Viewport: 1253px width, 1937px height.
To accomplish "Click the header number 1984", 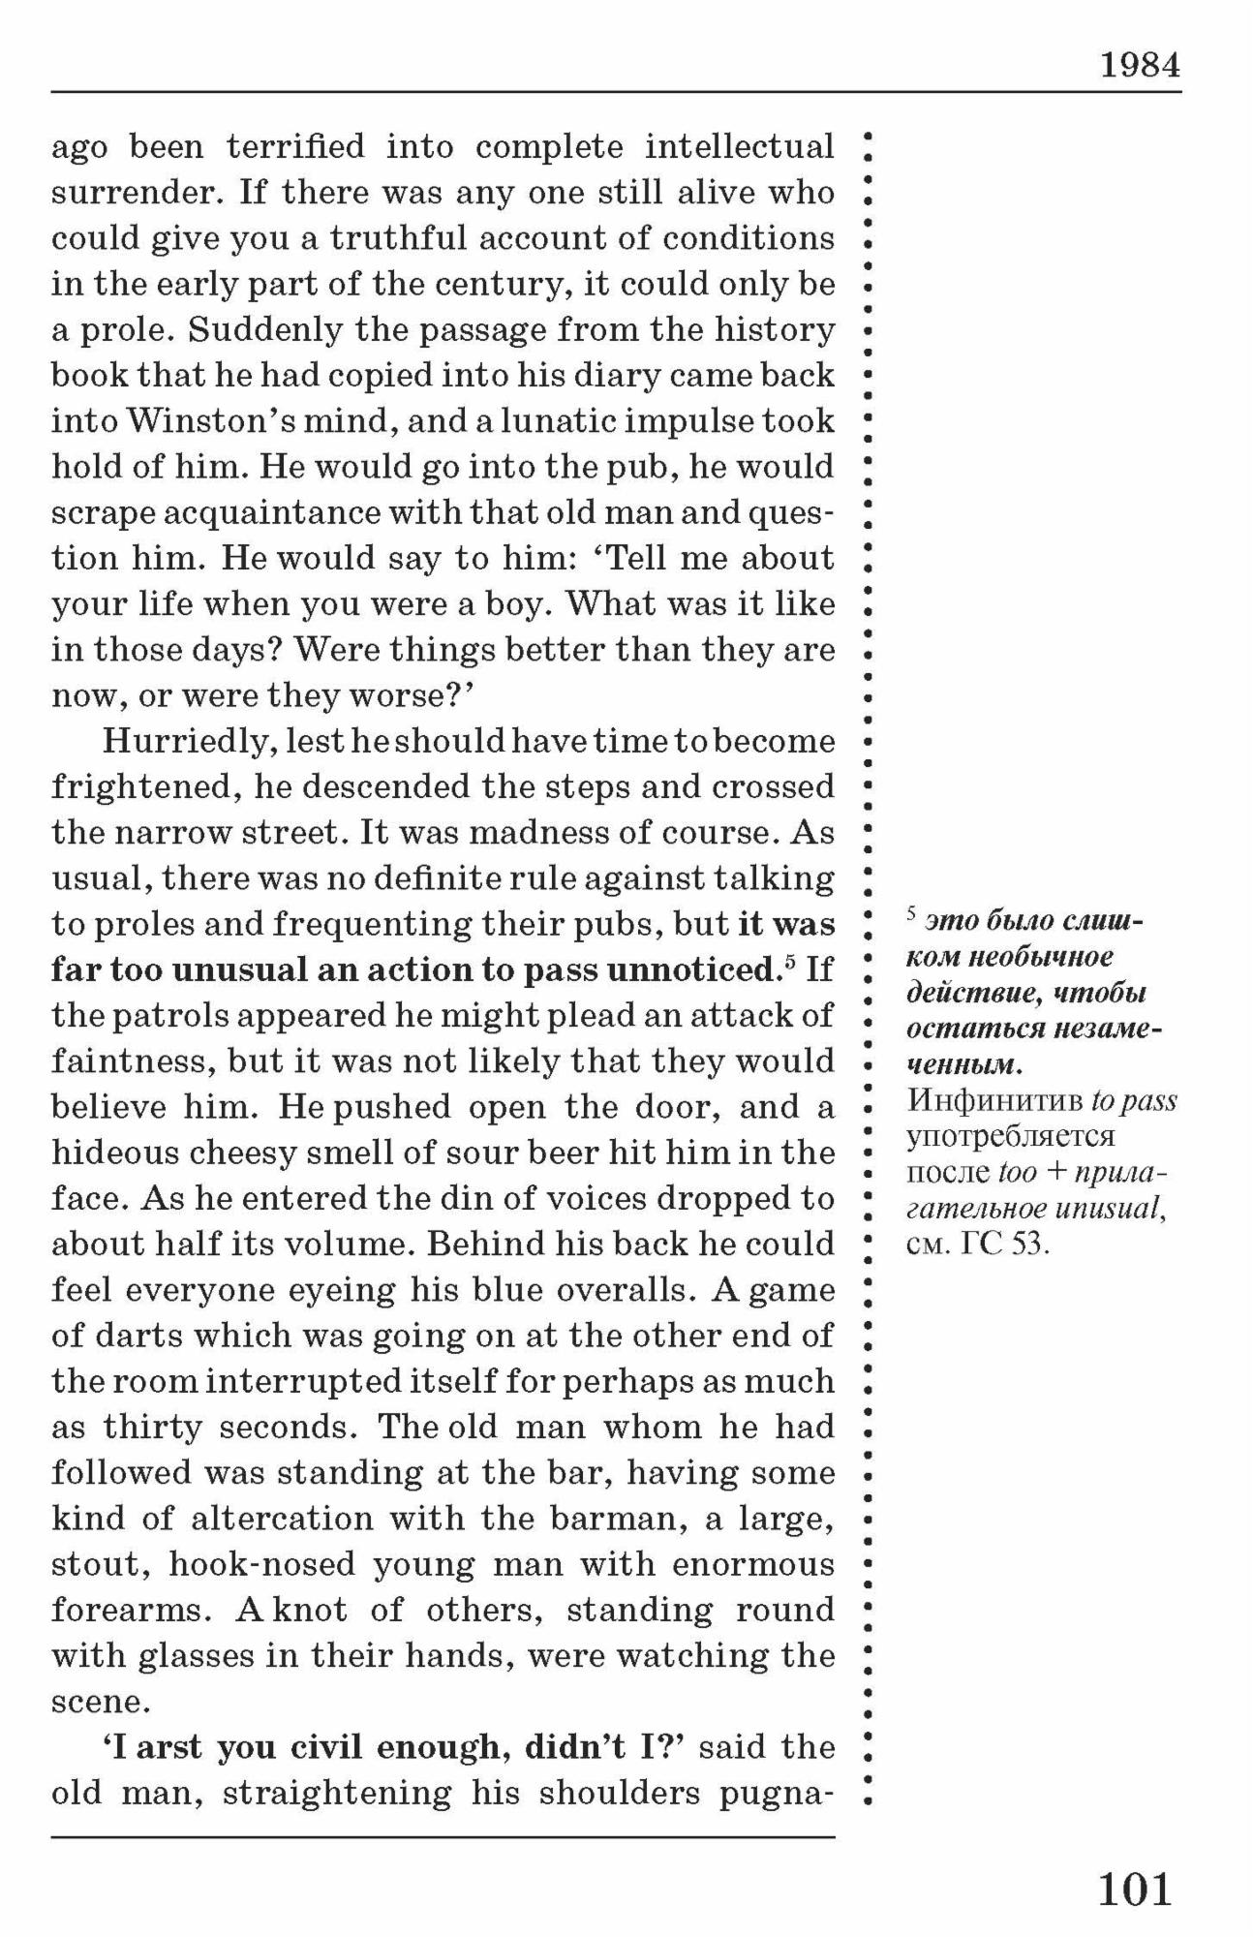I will coord(1140,65).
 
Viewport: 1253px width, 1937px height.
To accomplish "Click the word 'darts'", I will coord(142,1337).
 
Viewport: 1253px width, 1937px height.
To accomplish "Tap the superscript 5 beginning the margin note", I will coord(910,912).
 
